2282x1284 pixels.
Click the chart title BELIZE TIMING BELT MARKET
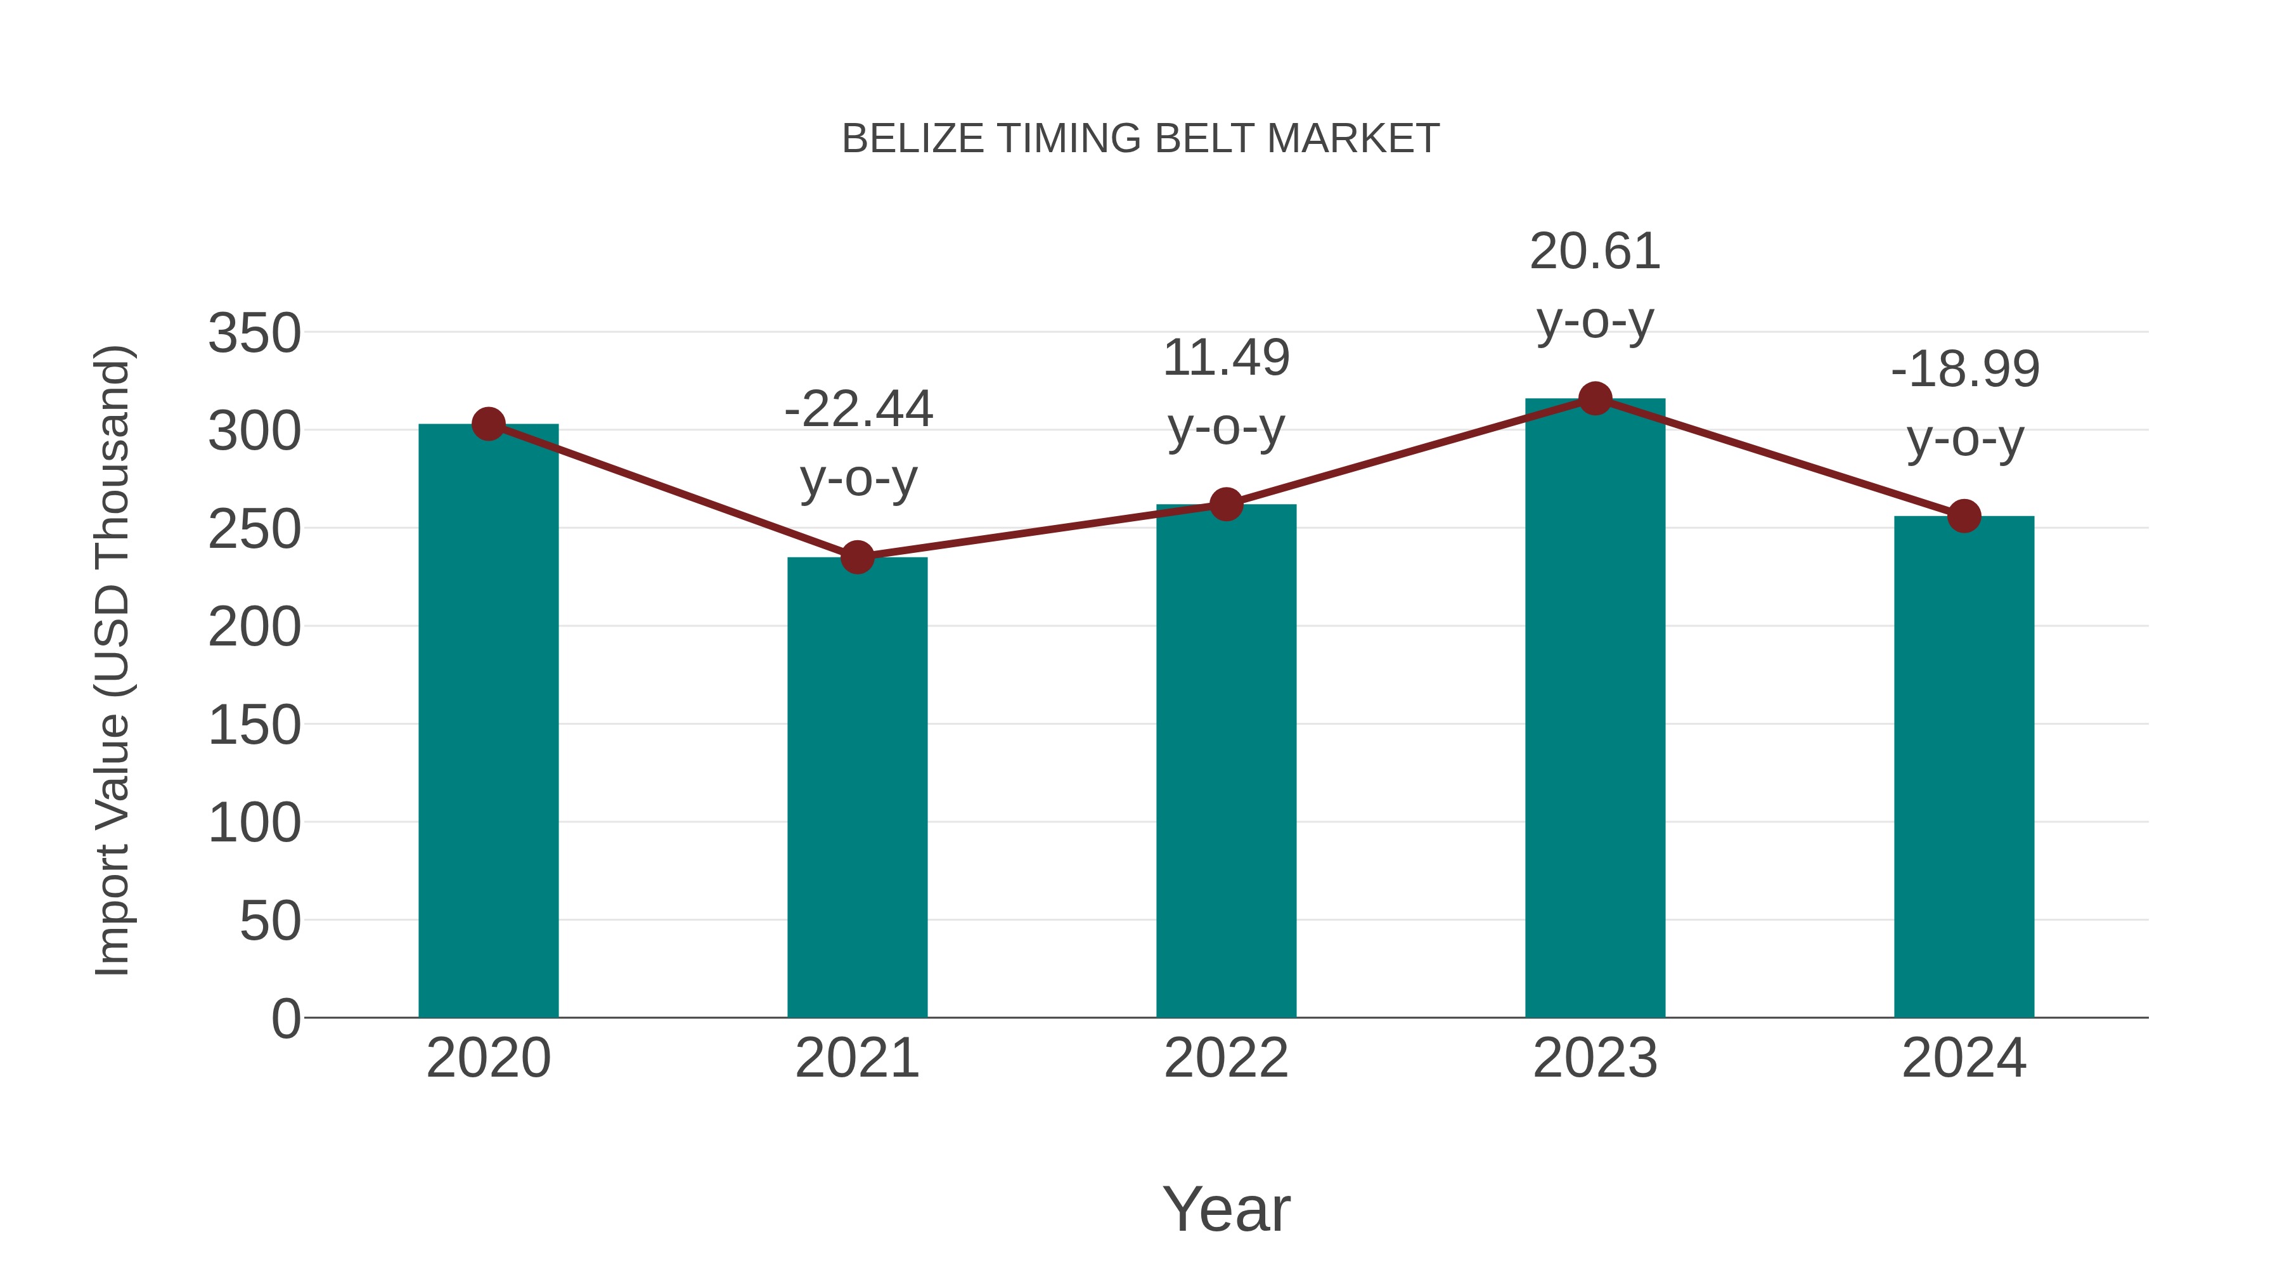[x=1140, y=139]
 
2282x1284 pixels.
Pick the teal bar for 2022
[x=1226, y=762]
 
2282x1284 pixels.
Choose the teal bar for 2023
[x=1595, y=709]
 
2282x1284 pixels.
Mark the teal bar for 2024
[x=1964, y=767]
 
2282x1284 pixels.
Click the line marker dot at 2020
[x=488, y=424]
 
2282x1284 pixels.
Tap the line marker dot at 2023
[x=1595, y=399]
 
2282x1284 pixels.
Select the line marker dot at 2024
[x=1964, y=516]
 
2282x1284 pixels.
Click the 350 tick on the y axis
[x=254, y=334]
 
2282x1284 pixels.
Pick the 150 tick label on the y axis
[x=254, y=726]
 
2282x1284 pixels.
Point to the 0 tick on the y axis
[x=285, y=1018]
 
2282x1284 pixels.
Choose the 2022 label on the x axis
[x=1226, y=1058]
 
